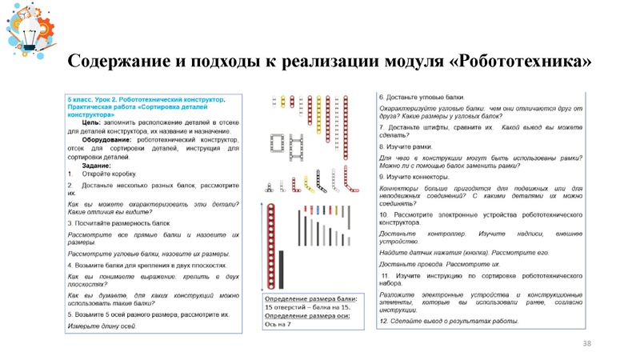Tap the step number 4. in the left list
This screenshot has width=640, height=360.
click(x=70, y=265)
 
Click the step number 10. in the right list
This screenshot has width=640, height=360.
click(x=385, y=215)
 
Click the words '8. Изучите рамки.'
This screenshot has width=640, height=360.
click(x=409, y=147)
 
